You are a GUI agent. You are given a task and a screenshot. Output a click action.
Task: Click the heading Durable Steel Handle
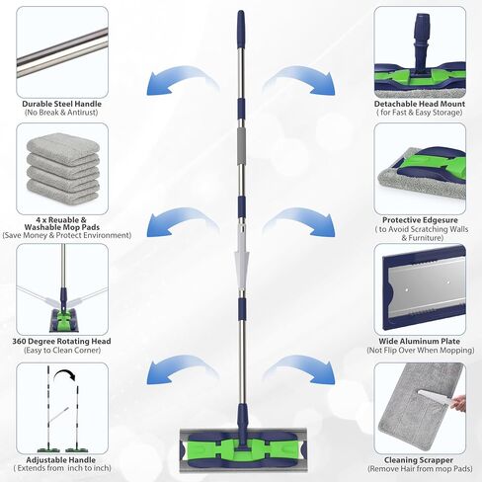pyautogui.click(x=62, y=104)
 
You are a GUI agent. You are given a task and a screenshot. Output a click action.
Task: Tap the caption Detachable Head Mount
pyautogui.click(x=420, y=104)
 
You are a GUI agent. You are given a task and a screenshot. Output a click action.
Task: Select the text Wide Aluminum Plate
pyautogui.click(x=419, y=341)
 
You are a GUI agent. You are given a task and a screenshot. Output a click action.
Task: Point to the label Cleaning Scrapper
pyautogui.click(x=419, y=460)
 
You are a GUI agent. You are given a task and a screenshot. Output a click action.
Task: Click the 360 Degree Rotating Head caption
pyautogui.click(x=61, y=341)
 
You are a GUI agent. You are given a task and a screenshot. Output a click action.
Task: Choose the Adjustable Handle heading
pyautogui.click(x=61, y=460)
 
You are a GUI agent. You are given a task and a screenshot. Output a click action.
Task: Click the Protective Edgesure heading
pyautogui.click(x=420, y=220)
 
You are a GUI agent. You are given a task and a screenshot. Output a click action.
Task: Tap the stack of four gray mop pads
pyautogui.click(x=62, y=167)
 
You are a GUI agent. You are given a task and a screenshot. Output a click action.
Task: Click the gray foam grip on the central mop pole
pyautogui.click(x=241, y=145)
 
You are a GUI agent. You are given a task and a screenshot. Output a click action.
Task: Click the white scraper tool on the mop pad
pyautogui.click(x=435, y=398)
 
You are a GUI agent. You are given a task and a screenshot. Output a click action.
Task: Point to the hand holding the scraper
pyautogui.click(x=457, y=402)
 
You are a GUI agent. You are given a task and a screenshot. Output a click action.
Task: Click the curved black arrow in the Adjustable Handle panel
pyautogui.click(x=65, y=374)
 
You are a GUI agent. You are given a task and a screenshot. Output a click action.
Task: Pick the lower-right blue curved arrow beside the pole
pyautogui.click(x=299, y=369)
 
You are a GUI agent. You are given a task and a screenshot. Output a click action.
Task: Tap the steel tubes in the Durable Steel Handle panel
pyautogui.click(x=62, y=52)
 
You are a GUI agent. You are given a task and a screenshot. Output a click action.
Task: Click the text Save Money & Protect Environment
pyautogui.click(x=67, y=235)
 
